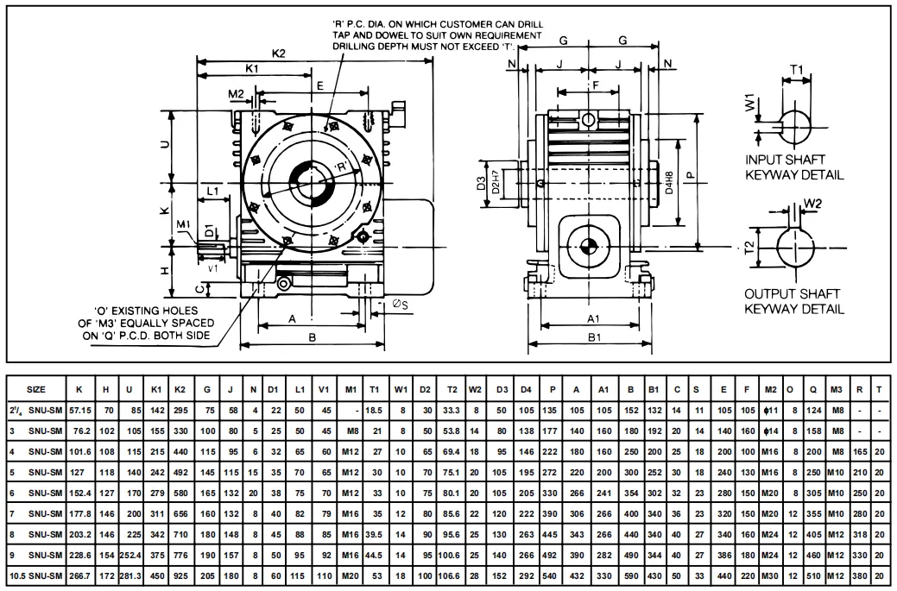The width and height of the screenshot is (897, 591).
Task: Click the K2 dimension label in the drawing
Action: click(x=278, y=53)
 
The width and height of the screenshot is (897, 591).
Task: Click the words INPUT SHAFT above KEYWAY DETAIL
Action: click(x=785, y=160)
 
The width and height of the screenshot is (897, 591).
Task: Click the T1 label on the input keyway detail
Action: click(x=797, y=71)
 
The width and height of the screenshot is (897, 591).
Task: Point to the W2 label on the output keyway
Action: click(x=812, y=204)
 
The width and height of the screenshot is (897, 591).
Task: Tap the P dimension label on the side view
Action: click(x=689, y=173)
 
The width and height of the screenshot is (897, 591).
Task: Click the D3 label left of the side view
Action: click(x=482, y=183)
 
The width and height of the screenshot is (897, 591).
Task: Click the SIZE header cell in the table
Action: click(x=37, y=389)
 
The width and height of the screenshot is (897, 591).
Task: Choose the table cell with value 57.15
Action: click(x=80, y=411)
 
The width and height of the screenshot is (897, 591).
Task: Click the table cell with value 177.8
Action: click(x=80, y=513)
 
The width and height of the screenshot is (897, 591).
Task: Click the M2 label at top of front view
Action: click(x=236, y=93)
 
